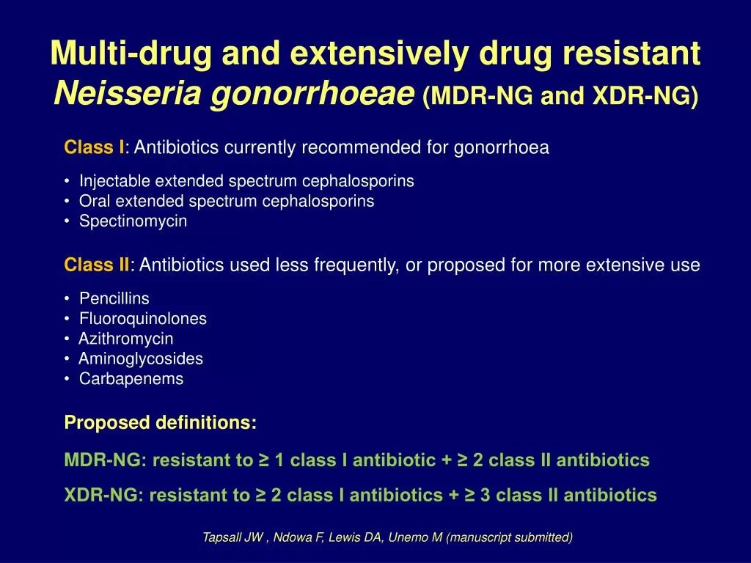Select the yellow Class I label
click(95, 147)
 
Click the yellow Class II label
click(97, 264)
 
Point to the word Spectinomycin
click(133, 221)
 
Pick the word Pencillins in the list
click(114, 298)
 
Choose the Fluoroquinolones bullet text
click(143, 318)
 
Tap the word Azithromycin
click(125, 339)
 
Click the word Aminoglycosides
click(140, 359)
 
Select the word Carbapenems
click(131, 379)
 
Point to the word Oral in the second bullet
click(95, 201)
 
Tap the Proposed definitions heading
click(161, 423)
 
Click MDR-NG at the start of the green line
click(106, 460)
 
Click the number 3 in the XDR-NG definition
click(486, 495)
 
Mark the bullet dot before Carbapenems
click(67, 379)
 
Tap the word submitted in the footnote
click(546, 537)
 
